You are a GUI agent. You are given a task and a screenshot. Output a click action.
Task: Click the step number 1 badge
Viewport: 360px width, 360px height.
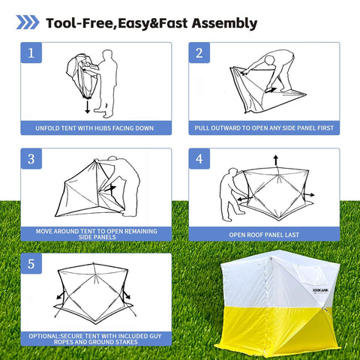[x=31, y=53]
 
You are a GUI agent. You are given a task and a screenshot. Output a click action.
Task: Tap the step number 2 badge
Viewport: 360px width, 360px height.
[x=199, y=53]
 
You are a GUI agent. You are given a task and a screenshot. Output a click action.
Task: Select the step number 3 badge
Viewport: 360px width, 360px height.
[x=31, y=159]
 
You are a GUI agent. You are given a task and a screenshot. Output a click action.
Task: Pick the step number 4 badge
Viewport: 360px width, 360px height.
[x=199, y=159]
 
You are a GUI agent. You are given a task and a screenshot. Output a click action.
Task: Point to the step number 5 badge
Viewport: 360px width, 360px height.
[x=31, y=264]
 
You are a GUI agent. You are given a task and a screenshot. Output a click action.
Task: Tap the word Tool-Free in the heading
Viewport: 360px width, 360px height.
[x=79, y=22]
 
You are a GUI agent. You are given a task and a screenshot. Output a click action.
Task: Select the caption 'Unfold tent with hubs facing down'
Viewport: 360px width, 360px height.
[x=94, y=128]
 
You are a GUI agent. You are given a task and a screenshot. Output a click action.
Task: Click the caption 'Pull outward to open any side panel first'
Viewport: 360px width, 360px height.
[x=263, y=128]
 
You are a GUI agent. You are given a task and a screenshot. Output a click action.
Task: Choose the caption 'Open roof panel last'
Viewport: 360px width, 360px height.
[x=263, y=234]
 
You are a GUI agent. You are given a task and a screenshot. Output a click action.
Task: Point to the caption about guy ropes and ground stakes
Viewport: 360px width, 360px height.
[x=94, y=338]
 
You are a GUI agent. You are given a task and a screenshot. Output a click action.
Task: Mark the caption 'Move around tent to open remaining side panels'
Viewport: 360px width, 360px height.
[x=94, y=233]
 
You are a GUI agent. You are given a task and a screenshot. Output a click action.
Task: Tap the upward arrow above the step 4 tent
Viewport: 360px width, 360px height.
[x=274, y=159]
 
